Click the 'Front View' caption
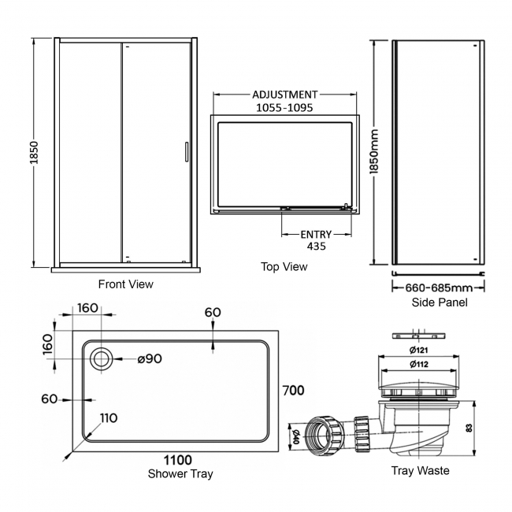[125, 284]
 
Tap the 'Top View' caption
[284, 267]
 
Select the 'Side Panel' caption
[439, 302]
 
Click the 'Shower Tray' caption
[180, 473]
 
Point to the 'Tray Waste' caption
[421, 471]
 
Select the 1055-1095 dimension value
[284, 109]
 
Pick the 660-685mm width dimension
[439, 288]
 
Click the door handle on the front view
[186, 151]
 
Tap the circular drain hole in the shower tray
[101, 359]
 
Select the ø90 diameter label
[149, 359]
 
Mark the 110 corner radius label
[109, 417]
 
